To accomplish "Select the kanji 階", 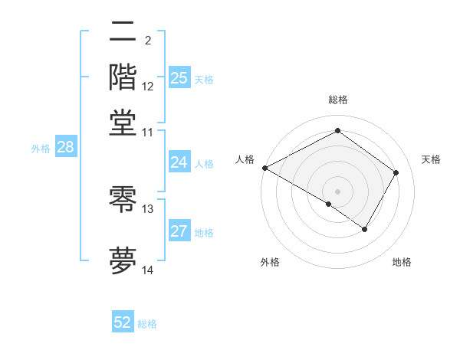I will coord(123,77).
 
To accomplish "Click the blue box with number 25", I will coord(179,77).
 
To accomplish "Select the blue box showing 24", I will coord(179,162).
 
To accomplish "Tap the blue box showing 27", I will coord(179,231).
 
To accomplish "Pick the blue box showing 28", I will coord(65,147).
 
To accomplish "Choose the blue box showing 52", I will coord(123,322).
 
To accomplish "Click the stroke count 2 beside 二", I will coord(148,40).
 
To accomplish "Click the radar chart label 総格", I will coord(338,100).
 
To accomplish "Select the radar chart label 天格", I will coord(431,159).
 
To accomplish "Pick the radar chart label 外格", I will coord(270,262).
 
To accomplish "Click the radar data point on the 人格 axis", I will coord(264,168).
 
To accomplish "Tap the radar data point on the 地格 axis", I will coord(365,229).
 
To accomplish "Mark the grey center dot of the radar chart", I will coord(338,191).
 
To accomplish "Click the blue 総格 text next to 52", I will coord(147,324).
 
